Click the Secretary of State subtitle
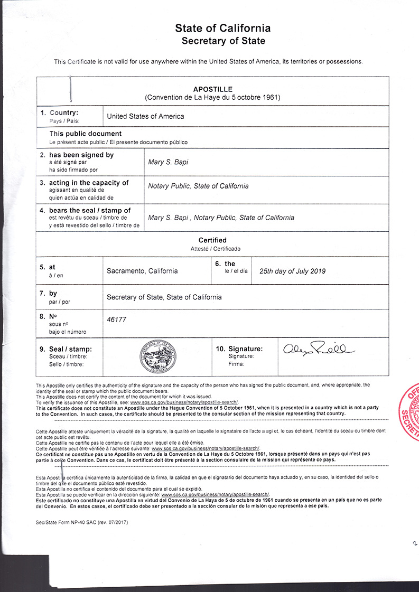[x=223, y=41]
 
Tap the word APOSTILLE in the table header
[x=212, y=89]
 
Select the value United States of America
[x=145, y=116]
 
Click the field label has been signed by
[x=81, y=155]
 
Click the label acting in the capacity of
[x=89, y=183]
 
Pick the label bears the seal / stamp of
[x=90, y=210]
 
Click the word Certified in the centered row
[x=212, y=240]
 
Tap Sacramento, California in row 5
[x=142, y=271]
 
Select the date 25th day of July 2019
[x=292, y=271]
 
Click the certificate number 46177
[x=117, y=320]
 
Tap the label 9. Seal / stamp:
[x=69, y=349]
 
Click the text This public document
[x=86, y=134]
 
